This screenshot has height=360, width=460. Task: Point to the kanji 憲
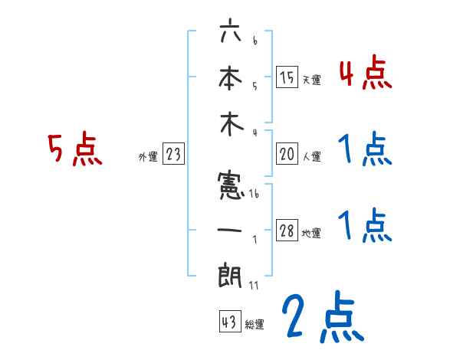230,184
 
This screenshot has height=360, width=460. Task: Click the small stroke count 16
255,195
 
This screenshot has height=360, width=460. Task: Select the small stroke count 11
255,286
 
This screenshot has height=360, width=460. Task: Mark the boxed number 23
174,154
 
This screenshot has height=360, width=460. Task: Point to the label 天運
311,79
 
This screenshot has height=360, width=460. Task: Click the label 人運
311,156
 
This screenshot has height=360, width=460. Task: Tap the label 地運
311,234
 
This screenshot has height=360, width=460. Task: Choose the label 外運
147,156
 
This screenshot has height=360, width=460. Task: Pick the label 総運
254,323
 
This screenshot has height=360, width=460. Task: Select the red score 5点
74,149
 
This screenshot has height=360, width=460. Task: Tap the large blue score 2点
322,318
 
